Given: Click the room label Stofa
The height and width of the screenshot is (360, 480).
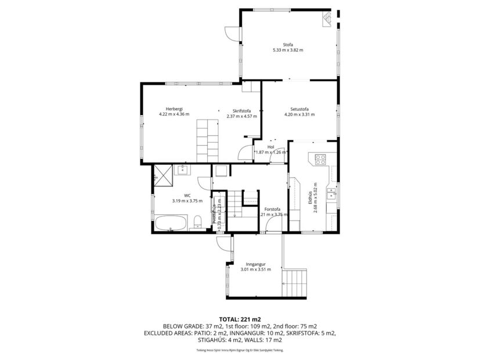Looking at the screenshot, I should click(x=288, y=44).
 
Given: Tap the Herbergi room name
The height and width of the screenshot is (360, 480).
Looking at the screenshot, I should click(x=174, y=109).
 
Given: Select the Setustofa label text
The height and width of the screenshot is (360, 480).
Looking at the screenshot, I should click(x=299, y=109).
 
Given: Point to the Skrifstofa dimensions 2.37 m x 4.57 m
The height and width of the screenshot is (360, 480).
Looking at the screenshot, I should click(x=241, y=115).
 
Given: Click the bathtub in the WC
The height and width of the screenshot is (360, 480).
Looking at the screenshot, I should click(x=171, y=222).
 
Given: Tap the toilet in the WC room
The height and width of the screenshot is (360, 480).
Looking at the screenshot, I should click(x=198, y=221).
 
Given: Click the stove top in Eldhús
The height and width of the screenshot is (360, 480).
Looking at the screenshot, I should click(x=320, y=158).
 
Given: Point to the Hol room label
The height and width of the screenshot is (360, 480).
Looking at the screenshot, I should click(x=270, y=147).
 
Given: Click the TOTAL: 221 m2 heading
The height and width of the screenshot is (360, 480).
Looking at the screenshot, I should click(x=240, y=319).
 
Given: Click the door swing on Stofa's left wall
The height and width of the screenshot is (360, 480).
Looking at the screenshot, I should click(x=233, y=34).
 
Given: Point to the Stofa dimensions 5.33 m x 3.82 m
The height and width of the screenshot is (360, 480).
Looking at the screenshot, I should click(x=288, y=51).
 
